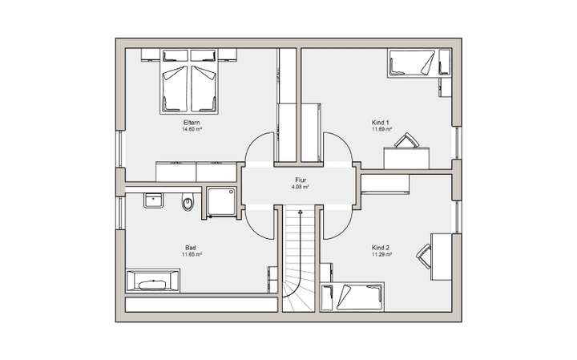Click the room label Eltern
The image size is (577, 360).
[192, 121]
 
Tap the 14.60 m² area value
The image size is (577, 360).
[192, 128]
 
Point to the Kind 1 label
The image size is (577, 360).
[381, 121]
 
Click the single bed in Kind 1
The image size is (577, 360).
[411, 63]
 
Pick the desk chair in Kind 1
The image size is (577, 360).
[406, 142]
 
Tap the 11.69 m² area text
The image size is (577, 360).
[381, 128]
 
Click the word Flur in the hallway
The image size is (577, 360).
[299, 180]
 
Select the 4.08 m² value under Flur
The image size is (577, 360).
[299, 187]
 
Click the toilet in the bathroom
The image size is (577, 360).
[188, 204]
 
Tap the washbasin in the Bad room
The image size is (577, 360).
[154, 200]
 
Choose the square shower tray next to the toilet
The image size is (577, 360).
[221, 202]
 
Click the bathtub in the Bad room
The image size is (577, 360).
[152, 283]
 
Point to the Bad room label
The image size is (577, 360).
[192, 248]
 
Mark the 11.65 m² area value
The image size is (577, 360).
[192, 255]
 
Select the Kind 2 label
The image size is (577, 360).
[381, 248]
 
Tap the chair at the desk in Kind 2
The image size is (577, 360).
[423, 255]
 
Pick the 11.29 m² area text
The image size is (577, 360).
[381, 255]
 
